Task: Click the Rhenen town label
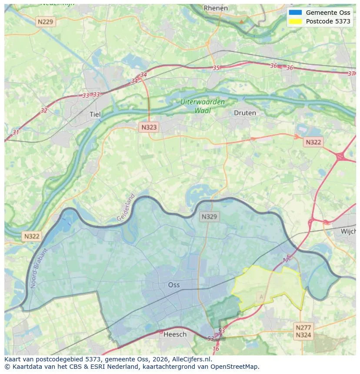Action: [x=216, y=8]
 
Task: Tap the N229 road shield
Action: [x=45, y=21]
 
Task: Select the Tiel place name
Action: [x=94, y=114]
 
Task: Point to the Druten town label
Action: [x=245, y=113]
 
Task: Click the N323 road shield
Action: [x=149, y=127]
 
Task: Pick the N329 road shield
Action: [x=210, y=216]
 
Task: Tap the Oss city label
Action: [x=174, y=285]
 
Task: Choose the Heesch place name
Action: [x=175, y=334]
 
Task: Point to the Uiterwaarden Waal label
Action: [x=203, y=106]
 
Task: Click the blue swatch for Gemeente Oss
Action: [x=295, y=13]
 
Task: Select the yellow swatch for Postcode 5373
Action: [x=295, y=21]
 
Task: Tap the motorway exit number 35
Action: [x=216, y=68]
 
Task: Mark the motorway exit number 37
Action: [x=351, y=73]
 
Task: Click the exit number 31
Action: [x=16, y=132]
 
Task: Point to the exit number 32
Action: [x=44, y=110]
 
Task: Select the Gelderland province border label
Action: [x=126, y=207]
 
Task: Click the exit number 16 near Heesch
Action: [x=216, y=349]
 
